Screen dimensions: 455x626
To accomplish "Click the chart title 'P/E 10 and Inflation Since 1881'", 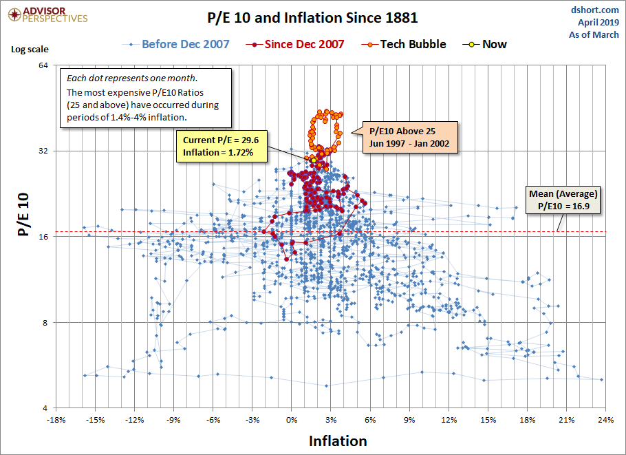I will tap(312, 17).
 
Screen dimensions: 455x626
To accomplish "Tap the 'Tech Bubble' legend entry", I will tap(414, 44).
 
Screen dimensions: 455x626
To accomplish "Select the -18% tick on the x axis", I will tap(56, 420).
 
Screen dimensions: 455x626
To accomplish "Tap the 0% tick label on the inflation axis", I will tap(292, 420).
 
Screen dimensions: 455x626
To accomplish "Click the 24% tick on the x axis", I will tap(605, 420).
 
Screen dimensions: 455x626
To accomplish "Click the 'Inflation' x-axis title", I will tap(338, 441).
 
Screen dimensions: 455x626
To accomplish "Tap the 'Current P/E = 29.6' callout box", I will tap(222, 146).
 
